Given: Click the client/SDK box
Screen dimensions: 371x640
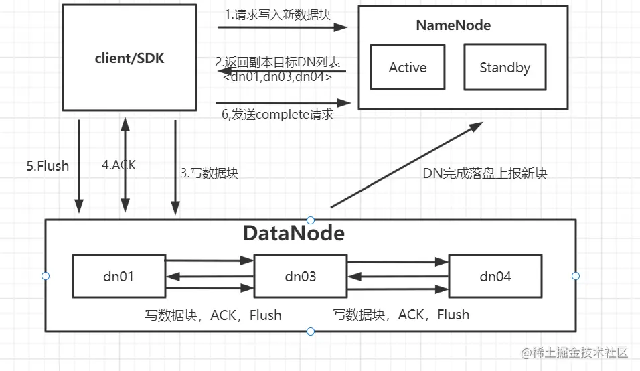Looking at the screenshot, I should pos(129,58).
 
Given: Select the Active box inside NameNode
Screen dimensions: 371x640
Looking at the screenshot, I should pos(407,68).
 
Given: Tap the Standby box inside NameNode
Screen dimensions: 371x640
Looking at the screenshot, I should pos(505,68).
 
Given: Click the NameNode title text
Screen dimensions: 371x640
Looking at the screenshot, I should pos(453,25).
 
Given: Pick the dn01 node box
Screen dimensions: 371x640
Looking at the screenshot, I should pos(118,275).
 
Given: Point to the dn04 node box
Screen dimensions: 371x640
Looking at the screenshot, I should pos(495,275).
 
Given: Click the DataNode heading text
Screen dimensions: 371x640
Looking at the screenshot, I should pos(293,233).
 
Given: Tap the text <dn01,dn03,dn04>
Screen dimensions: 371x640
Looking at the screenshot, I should pos(277,77).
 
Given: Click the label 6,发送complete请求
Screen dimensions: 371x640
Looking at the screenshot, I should pos(277,115).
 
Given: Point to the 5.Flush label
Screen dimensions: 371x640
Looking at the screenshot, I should pos(48,165).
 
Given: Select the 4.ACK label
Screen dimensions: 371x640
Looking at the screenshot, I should pos(118,165).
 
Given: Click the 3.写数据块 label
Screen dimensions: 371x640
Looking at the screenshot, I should pos(209,173).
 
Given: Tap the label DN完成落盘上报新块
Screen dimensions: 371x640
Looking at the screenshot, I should pos(485,173).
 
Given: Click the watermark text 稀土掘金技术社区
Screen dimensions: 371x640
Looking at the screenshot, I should pos(575,353).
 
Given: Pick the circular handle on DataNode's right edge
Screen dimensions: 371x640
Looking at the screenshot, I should pos(576,276).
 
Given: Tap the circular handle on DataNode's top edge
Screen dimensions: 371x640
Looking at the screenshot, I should pos(311,220).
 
